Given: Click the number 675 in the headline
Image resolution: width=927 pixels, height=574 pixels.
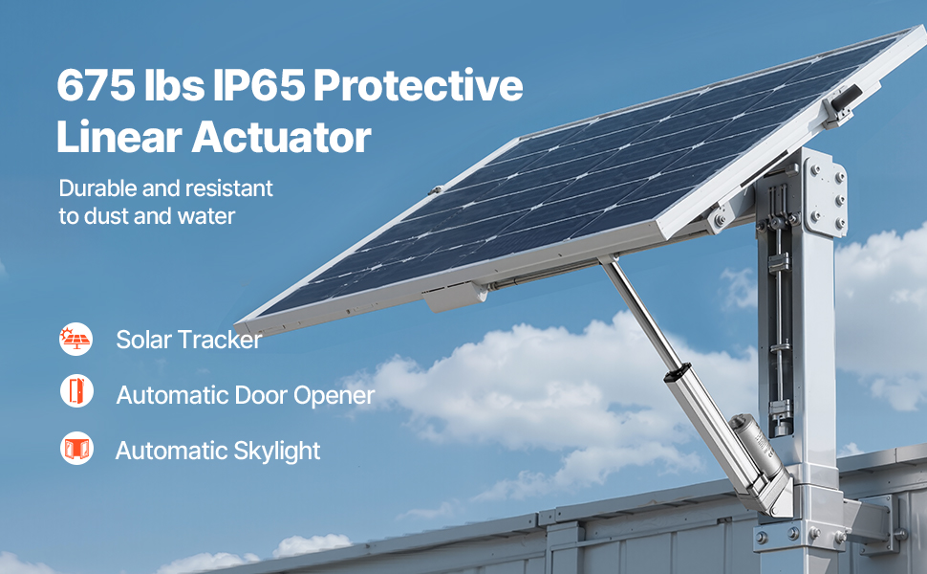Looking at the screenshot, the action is pos(96,85).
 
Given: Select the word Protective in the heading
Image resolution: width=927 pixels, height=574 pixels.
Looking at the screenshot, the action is pos(418,85).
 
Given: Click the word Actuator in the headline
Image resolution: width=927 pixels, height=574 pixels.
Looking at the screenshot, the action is pos(281,137).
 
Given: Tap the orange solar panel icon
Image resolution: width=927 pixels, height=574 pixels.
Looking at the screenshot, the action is pos(76,339).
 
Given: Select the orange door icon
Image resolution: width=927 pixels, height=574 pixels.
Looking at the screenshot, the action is pos(76,391).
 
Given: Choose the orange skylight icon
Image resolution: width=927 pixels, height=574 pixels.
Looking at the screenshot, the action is pos(76,448).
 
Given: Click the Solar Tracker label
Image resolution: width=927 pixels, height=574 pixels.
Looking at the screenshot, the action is pos(188,340).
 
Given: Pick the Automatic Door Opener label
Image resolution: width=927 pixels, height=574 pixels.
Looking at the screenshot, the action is pos(246,395).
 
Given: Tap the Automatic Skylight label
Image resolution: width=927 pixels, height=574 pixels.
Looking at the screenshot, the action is pos(218,451).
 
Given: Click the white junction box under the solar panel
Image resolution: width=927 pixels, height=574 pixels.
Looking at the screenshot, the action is pos(455,297).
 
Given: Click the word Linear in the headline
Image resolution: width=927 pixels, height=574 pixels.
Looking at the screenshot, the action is pos(119,137).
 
